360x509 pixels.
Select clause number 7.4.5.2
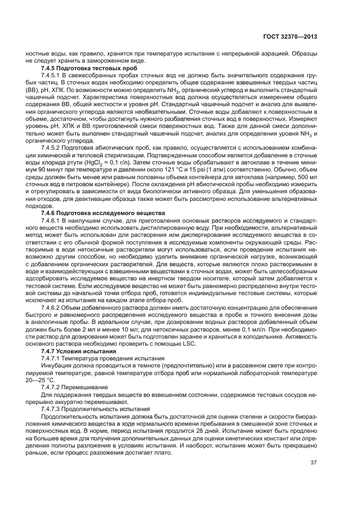pyautogui.click(x=53, y=147)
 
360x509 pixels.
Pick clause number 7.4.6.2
pyautogui.click(x=53, y=312)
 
